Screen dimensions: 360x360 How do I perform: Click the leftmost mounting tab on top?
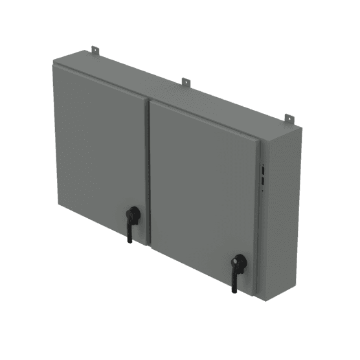(95, 50)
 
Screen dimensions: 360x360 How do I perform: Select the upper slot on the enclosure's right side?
(262, 171)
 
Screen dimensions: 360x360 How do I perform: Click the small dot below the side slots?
(262, 192)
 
